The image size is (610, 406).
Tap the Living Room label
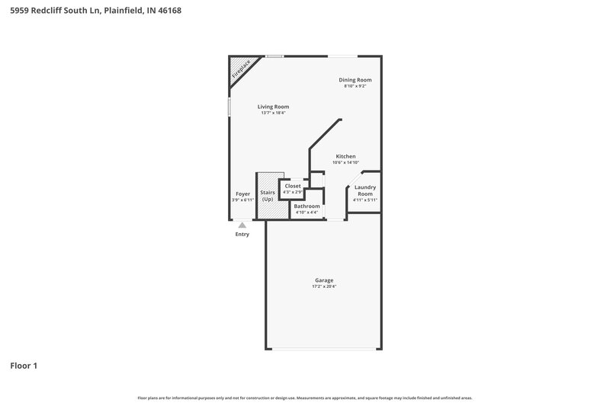273,107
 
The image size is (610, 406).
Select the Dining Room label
355,80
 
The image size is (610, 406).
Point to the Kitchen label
345,156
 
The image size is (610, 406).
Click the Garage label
324,280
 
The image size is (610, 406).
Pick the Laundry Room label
365,190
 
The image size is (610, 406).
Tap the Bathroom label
307,206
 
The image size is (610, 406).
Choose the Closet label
293,186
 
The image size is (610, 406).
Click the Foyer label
242,194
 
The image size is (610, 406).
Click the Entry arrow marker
242,225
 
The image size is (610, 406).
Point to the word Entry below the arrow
242,235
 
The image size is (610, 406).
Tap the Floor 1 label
24,366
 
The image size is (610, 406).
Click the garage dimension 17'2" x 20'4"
324,286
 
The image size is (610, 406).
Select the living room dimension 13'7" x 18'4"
273,113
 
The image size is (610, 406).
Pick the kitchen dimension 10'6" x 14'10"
345,162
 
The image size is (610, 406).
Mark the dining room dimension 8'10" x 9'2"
355,86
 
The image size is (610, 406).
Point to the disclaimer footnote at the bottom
304,398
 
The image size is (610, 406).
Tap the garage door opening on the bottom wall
324,350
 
